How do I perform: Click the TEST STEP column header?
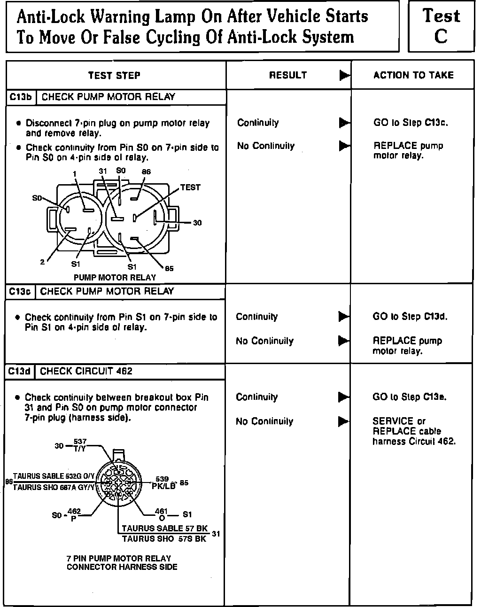point(114,75)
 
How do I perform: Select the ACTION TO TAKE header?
point(413,75)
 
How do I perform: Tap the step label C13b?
point(21,97)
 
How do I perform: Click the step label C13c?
point(20,292)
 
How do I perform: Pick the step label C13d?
point(20,372)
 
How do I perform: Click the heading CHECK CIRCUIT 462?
point(86,372)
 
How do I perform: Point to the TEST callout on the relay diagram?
point(190,187)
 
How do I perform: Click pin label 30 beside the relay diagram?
point(197,223)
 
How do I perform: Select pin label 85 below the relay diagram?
point(169,268)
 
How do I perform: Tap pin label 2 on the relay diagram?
point(42,262)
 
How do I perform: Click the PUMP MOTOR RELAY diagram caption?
point(115,278)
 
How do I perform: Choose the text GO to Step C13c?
point(411,123)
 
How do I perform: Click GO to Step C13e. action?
point(410,397)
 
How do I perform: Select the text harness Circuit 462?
point(414,441)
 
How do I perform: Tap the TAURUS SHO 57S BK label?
point(164,539)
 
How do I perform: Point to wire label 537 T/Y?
point(79,444)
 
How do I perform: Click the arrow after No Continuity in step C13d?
point(344,421)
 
